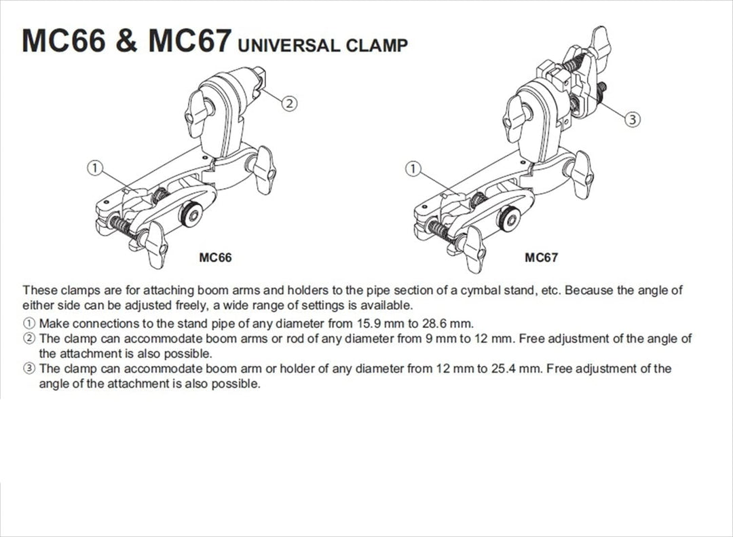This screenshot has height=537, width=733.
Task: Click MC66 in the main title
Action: [64, 40]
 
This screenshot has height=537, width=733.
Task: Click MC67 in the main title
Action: [190, 40]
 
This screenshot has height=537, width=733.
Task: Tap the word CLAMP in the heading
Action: [377, 45]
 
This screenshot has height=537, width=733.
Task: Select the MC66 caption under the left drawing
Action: [215, 258]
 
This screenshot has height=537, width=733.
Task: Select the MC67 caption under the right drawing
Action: [542, 257]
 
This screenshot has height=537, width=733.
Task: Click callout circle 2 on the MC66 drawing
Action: [289, 103]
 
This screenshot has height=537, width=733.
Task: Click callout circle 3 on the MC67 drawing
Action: [633, 119]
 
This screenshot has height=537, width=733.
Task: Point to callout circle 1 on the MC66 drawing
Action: [95, 168]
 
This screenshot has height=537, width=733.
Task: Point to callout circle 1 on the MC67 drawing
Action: [413, 169]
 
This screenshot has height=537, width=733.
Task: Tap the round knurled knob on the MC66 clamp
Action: [191, 215]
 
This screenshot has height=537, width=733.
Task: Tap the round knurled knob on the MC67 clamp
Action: [510, 219]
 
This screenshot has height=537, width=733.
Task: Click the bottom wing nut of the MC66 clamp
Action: [154, 244]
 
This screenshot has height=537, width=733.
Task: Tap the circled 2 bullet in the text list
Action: [29, 338]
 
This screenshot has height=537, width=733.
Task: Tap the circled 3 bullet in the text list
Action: [29, 369]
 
